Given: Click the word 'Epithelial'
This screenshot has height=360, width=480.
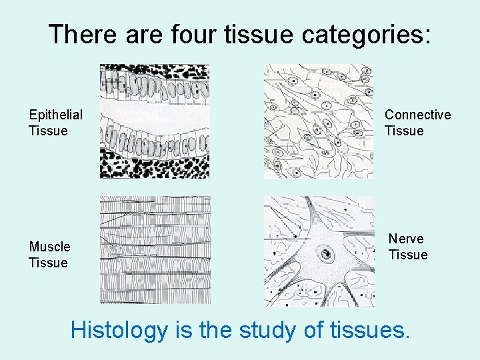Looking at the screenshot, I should point(56,115).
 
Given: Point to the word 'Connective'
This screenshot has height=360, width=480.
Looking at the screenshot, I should point(417,115).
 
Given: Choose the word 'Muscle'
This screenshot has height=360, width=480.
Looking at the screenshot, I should point(49,247).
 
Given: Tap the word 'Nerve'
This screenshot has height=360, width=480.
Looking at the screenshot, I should point(406,239).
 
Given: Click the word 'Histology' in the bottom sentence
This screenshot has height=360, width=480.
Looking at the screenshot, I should point(119,329).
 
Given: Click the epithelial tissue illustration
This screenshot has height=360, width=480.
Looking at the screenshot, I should point(155,121).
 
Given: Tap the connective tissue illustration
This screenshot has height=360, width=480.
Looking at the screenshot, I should point(319,121).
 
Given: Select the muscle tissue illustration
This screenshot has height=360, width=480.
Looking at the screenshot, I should point(155,250).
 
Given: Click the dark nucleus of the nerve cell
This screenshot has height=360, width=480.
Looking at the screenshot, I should point(325,253).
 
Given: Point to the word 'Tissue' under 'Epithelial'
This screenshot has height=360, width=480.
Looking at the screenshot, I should point(48,131).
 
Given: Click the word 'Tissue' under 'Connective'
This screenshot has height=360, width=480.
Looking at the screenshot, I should point(404,131).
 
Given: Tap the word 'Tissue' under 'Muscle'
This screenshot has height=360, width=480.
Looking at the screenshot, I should point(48,263).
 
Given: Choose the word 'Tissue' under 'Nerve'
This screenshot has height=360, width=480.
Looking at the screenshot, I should point(408,255).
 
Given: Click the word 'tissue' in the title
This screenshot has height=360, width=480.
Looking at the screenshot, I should point(257,34).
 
